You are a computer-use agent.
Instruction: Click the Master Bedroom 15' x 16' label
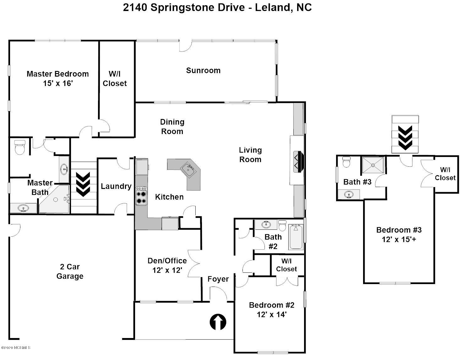pyautogui.click(x=57, y=78)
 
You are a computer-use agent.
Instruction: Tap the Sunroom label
pyautogui.click(x=203, y=70)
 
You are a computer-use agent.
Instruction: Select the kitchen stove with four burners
pyautogui.click(x=141, y=196)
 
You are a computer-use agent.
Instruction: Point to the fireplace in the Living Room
pyautogui.click(x=298, y=161)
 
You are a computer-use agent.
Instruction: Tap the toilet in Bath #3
pyautogui.click(x=346, y=162)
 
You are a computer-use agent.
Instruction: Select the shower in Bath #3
pyautogui.click(x=373, y=165)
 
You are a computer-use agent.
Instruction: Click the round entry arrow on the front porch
pyautogui.click(x=218, y=322)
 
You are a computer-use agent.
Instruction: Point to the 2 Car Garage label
pyautogui.click(x=70, y=271)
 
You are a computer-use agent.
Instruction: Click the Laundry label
pyautogui.click(x=116, y=186)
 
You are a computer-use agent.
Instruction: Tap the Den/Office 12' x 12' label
pyautogui.click(x=167, y=265)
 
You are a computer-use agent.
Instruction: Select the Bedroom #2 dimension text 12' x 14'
pyautogui.click(x=272, y=314)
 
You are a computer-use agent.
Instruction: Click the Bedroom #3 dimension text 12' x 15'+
pyautogui.click(x=399, y=239)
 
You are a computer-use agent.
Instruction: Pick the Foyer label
pyautogui.click(x=218, y=279)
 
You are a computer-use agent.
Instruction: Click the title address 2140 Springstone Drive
pyautogui.click(x=184, y=8)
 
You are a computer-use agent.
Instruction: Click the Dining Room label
pyautogui.click(x=172, y=126)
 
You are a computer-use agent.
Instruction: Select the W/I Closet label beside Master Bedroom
pyautogui.click(x=115, y=78)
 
